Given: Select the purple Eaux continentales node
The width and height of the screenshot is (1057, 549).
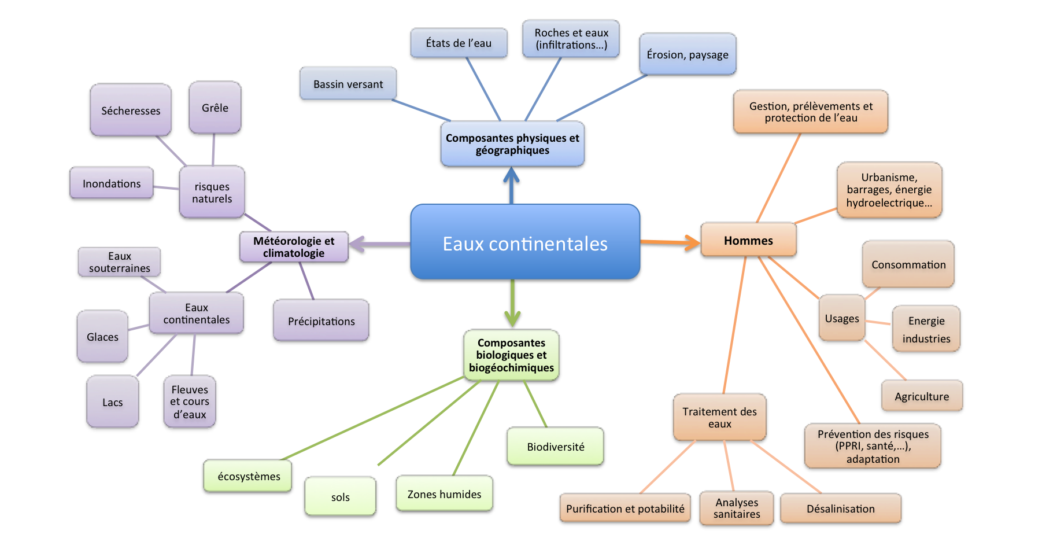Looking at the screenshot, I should [x=197, y=314].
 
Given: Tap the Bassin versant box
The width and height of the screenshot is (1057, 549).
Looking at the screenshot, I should [x=348, y=84].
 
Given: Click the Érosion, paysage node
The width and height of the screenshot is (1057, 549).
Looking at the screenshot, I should [x=688, y=54].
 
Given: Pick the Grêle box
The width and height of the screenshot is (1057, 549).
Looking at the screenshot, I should [x=215, y=108].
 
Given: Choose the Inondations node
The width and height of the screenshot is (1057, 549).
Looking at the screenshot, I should [x=112, y=183].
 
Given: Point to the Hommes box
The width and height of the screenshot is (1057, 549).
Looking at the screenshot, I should [x=748, y=240].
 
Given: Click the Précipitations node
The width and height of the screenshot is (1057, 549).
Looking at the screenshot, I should [x=321, y=320].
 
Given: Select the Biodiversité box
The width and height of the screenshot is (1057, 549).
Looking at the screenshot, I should [x=555, y=446].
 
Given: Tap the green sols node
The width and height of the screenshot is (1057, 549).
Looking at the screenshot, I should [x=340, y=496].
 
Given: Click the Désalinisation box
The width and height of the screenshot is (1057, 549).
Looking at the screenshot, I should [x=840, y=509].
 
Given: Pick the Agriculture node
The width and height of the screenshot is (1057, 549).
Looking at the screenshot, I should [x=922, y=396].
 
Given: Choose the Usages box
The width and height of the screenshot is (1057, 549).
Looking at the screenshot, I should [x=842, y=318].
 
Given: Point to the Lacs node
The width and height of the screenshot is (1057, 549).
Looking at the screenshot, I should [x=113, y=402].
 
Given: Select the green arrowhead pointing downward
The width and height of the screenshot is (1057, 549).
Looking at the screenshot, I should [x=512, y=319].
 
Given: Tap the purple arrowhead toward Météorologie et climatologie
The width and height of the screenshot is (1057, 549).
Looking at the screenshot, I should [x=357, y=244].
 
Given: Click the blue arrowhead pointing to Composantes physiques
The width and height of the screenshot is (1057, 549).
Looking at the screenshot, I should [x=511, y=175].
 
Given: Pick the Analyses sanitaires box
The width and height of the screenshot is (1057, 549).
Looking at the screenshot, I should [x=736, y=508].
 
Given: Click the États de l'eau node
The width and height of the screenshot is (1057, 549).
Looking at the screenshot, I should [x=459, y=43].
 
